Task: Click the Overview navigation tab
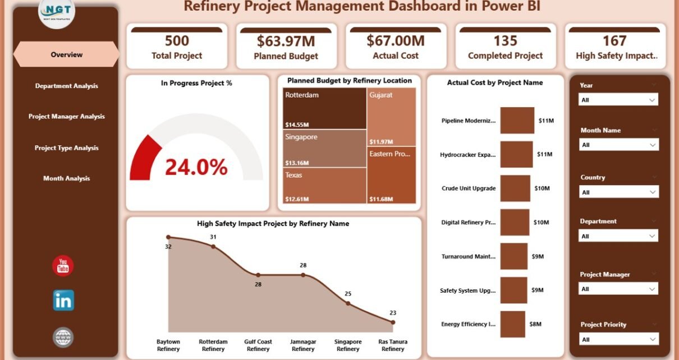(66, 54)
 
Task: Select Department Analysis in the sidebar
(66, 86)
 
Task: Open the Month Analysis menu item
(66, 178)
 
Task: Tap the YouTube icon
(63, 266)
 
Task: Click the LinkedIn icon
(63, 301)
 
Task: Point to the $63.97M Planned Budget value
(286, 41)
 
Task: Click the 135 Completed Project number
(505, 41)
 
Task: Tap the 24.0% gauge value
(196, 167)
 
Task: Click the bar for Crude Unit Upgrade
(515, 188)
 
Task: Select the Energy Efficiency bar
(513, 324)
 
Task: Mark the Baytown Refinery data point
(168, 237)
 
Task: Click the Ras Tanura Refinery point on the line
(393, 322)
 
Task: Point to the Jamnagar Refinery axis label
(303, 345)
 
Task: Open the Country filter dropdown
(618, 192)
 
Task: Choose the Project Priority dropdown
(618, 339)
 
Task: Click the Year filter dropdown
(618, 100)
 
